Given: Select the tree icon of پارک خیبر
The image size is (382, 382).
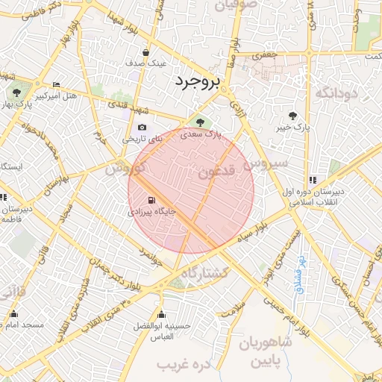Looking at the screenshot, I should (292, 116).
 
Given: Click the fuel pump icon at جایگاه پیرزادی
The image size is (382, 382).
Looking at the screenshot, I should (153, 201).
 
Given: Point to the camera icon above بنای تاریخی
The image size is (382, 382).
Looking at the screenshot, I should (142, 128).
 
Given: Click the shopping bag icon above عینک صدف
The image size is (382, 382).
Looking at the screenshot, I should (145, 53).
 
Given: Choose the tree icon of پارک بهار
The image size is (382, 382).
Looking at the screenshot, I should (16, 93).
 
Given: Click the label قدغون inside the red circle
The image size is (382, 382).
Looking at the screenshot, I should (216, 172).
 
